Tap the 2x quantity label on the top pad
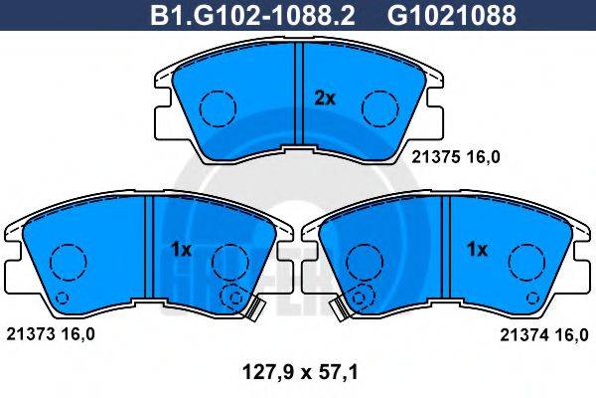pos(325,98)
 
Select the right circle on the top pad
pos(379,105)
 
